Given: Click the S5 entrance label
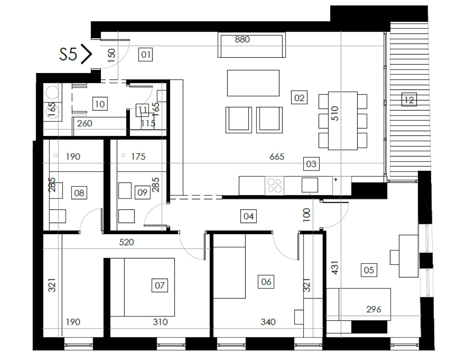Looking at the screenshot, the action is click(x=68, y=54).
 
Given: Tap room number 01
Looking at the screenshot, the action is click(x=146, y=54).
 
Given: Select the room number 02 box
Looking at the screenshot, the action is click(x=299, y=98).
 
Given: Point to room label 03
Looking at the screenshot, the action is click(x=311, y=164).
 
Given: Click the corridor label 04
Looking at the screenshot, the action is click(x=248, y=216).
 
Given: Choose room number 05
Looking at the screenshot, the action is click(x=369, y=270).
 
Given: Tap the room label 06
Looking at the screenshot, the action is click(x=266, y=281).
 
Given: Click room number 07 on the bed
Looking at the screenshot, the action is click(x=160, y=285).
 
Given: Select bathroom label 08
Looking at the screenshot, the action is click(x=79, y=193).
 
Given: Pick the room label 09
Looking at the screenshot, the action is click(x=142, y=192).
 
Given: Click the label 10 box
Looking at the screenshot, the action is click(x=100, y=104).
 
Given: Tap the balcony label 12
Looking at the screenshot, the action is click(x=409, y=100).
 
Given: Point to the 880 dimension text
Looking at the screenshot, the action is click(x=242, y=39).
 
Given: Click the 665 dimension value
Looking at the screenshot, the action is click(x=277, y=157).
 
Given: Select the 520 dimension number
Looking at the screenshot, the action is click(x=126, y=242).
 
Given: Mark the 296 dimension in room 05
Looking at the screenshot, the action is click(x=374, y=309).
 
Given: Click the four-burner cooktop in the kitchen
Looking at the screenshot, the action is click(x=274, y=186).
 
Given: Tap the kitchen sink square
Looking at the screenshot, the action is click(x=310, y=185).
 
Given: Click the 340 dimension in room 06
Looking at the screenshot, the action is click(x=268, y=322).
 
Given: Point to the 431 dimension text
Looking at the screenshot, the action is click(x=335, y=268).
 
